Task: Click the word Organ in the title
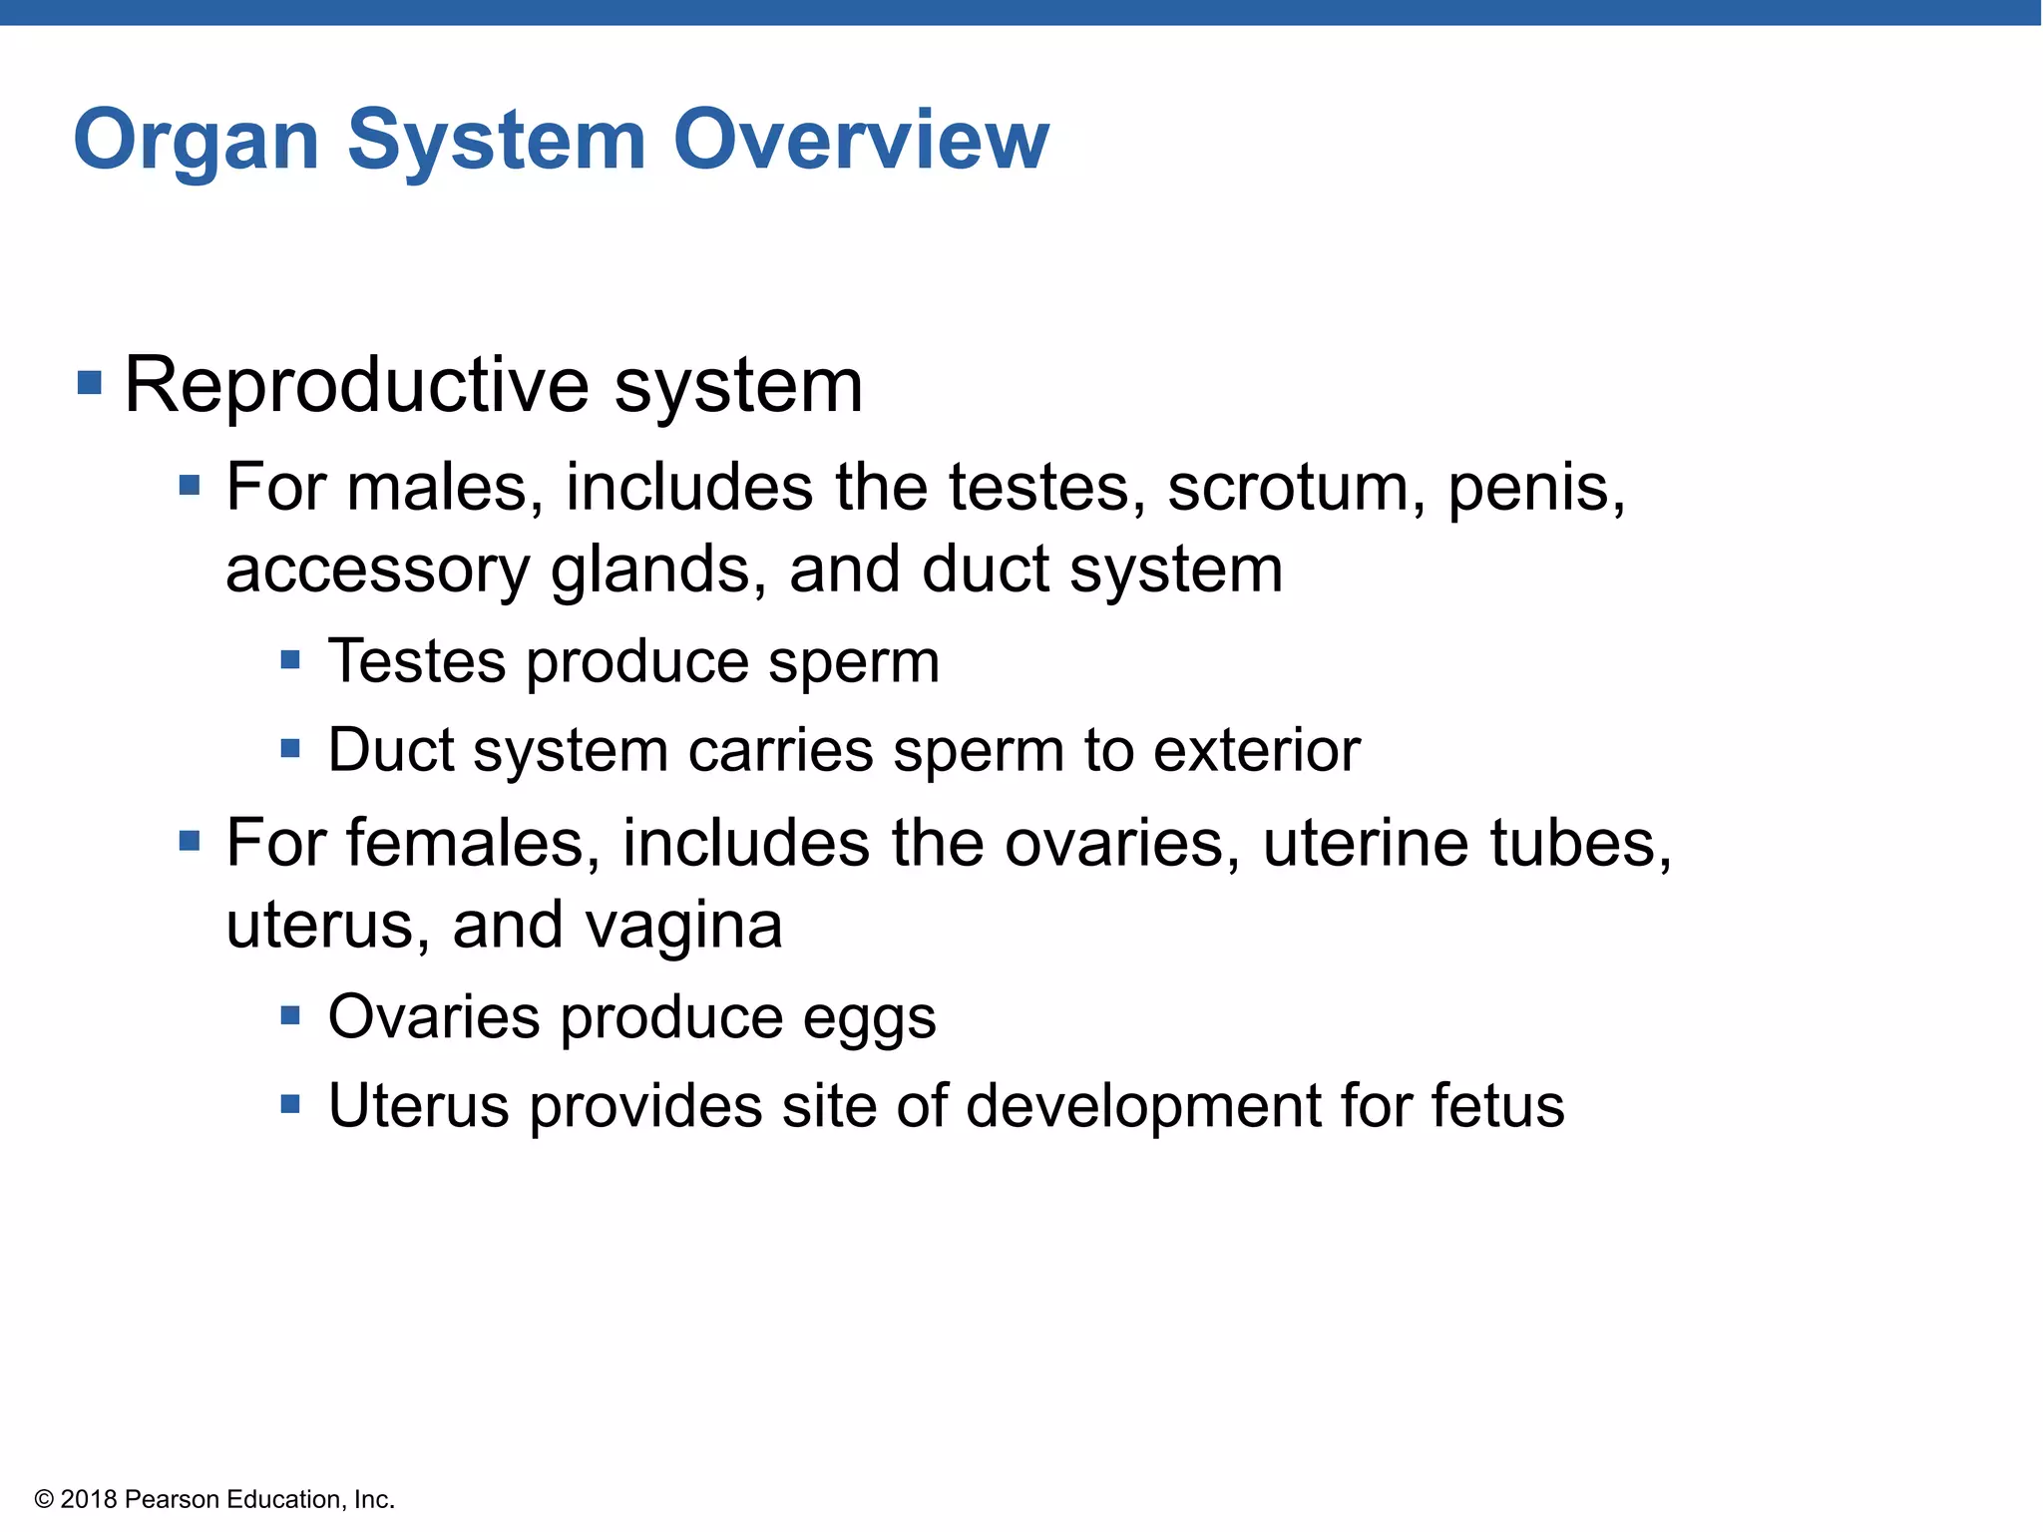[197, 141]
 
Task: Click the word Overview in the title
[861, 141]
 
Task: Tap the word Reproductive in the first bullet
[357, 386]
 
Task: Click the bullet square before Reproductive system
[90, 382]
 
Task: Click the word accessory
[377, 570]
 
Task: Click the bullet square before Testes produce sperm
[290, 659]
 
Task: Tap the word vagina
[683, 926]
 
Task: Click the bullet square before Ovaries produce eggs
[290, 1015]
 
